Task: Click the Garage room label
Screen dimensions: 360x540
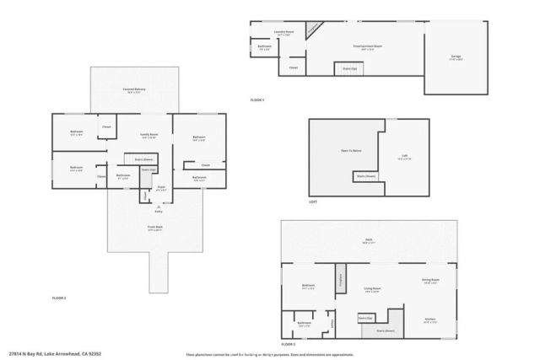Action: (x=456, y=57)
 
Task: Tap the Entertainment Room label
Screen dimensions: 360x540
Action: (x=368, y=46)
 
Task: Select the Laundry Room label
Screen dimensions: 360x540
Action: (x=283, y=33)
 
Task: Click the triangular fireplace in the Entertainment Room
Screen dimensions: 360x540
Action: (x=311, y=28)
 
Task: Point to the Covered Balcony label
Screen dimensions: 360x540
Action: (x=131, y=89)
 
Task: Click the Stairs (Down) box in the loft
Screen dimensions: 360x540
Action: (x=364, y=176)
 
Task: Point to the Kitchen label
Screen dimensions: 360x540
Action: (x=429, y=320)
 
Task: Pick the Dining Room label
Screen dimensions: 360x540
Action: (x=430, y=281)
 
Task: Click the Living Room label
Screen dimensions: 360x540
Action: (x=371, y=289)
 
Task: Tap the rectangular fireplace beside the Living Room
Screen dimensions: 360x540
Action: (x=341, y=279)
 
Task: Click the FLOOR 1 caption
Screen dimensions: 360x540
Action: (x=257, y=100)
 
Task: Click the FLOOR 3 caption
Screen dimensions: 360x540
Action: (x=289, y=344)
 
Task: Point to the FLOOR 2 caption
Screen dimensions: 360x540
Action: (x=59, y=298)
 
